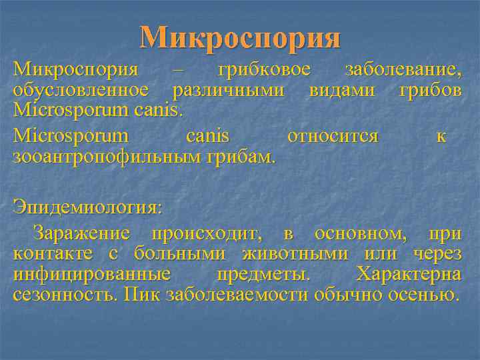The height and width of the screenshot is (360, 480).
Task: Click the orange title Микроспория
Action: tap(240, 38)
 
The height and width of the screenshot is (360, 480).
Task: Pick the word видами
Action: tap(341, 89)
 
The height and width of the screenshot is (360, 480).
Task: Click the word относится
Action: tap(332, 137)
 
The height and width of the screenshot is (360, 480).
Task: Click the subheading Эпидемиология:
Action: tap(87, 207)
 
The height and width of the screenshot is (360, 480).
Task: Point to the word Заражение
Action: tap(87, 234)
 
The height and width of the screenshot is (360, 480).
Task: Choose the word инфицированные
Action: tap(91, 274)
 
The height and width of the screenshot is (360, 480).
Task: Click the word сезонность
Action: tap(65, 294)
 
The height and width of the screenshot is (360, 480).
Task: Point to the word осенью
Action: tap(425, 294)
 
